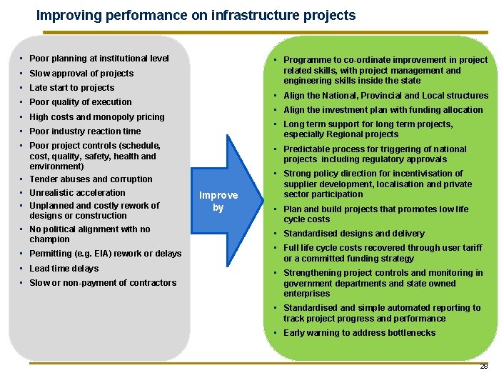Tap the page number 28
coord(483,366)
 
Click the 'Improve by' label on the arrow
coord(218,202)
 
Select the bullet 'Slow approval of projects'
coord(81,74)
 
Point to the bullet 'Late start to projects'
coord(71,88)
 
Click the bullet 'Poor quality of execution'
coord(81,102)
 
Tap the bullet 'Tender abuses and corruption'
coord(91,179)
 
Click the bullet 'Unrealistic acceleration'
coord(77,193)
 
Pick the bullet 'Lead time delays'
coord(64,269)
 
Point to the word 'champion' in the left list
coord(49,239)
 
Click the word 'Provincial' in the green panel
coord(368,96)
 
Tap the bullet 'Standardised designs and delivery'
coord(354,234)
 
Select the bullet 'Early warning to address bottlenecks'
coord(359,333)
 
